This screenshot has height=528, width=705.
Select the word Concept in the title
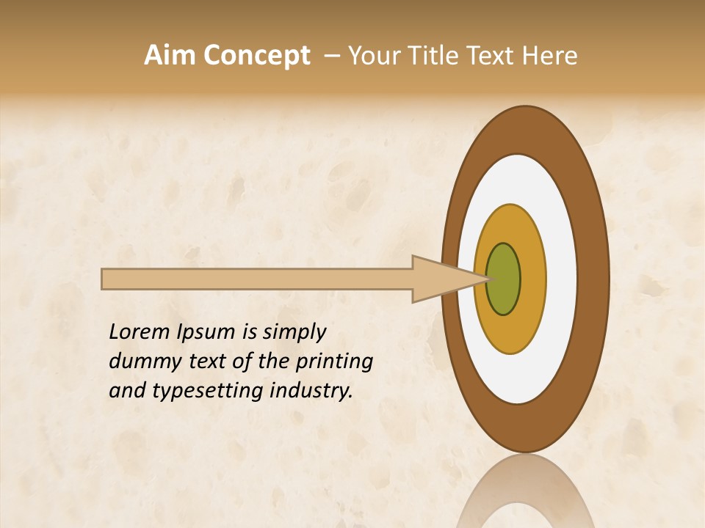pyautogui.click(x=257, y=56)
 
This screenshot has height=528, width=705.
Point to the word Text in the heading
pyautogui.click(x=489, y=56)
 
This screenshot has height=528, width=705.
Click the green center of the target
pyautogui.click(x=503, y=279)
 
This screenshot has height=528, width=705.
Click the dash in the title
pyautogui.click(x=331, y=56)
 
